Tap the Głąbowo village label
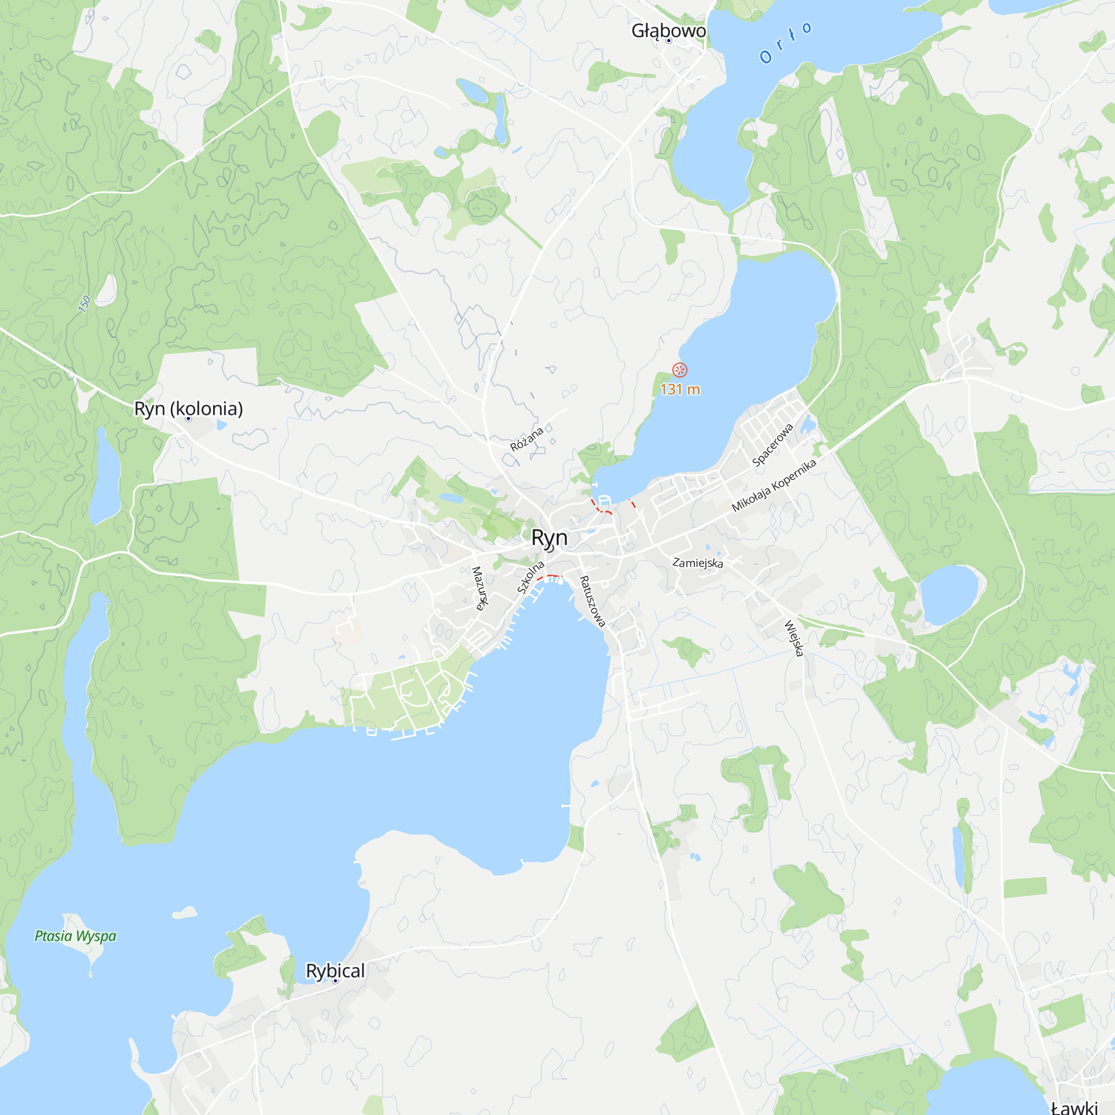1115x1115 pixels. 668,31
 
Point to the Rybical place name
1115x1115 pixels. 334,971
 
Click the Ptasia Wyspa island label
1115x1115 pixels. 76,935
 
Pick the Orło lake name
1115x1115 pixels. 786,42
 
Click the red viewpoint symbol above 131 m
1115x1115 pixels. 680,370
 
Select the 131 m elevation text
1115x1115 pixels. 680,390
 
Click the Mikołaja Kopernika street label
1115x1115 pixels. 774,485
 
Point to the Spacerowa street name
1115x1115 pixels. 773,444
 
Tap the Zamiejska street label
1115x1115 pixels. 698,563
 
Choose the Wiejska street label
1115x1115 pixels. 794,638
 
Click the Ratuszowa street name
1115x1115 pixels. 593,602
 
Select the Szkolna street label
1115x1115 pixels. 530,577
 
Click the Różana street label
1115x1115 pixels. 526,439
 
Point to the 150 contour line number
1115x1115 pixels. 84,304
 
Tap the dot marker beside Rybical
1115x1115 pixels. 335,981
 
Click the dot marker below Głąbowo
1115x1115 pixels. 669,41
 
